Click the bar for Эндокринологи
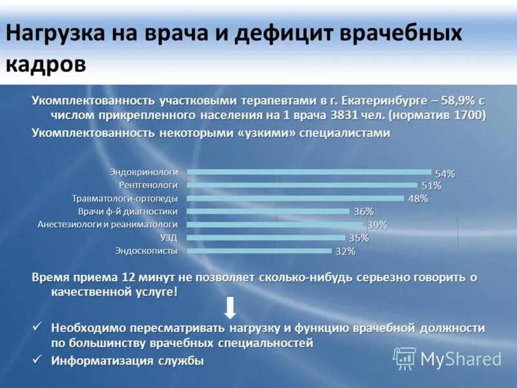(309, 172)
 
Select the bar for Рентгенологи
(302, 185)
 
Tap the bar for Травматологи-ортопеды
(295, 199)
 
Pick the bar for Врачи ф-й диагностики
(268, 211)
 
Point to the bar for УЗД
(266, 238)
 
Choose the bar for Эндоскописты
(259, 251)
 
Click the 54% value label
(445, 173)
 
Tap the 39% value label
(377, 225)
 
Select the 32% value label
(345, 252)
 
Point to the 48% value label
(417, 199)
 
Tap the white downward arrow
(231, 309)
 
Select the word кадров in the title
(46, 64)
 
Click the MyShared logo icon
(404, 358)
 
